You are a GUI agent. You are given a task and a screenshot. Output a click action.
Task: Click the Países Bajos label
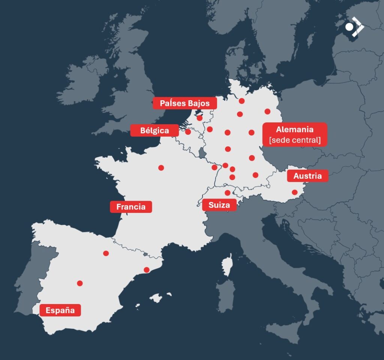[x=185, y=103]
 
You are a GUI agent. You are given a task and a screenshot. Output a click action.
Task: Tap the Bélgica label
[x=154, y=131]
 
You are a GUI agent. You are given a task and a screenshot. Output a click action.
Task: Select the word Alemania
[x=295, y=130]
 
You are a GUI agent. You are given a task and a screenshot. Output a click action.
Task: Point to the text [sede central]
[x=295, y=140]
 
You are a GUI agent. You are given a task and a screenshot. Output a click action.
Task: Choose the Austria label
[x=307, y=176]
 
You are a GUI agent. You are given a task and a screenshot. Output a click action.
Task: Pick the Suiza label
[x=219, y=205]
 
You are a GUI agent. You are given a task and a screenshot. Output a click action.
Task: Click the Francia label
[x=130, y=207]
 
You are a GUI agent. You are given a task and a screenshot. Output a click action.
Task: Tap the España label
[x=60, y=310]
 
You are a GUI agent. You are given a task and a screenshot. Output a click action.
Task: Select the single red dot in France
[x=161, y=168]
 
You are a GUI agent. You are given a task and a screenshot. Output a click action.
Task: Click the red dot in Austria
[x=295, y=193]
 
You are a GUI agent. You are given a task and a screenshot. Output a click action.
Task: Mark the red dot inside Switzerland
[x=228, y=193]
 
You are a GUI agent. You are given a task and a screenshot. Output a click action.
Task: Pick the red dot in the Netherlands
[x=199, y=118]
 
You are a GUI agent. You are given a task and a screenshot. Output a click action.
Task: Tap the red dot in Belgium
[x=188, y=132]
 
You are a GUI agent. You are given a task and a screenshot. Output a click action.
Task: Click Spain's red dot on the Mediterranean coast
[x=147, y=270]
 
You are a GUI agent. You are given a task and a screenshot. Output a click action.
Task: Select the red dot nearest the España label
[x=80, y=283]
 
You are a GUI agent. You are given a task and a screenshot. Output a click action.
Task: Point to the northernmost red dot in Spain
[x=106, y=253]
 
